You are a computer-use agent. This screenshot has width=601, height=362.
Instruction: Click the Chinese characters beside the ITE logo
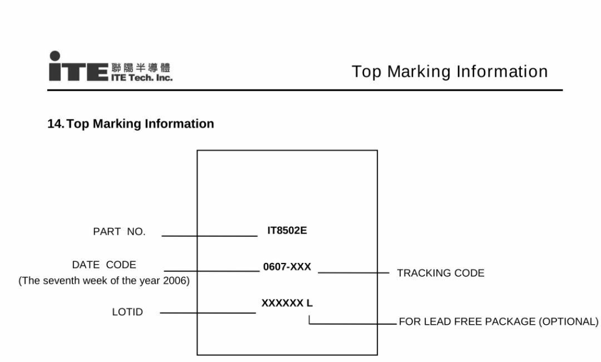coord(141,68)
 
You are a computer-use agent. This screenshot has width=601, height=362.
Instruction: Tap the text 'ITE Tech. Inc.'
coord(142,77)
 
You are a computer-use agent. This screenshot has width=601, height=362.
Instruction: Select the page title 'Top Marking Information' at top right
coord(450,72)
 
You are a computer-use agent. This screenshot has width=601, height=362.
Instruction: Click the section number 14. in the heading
coord(56,124)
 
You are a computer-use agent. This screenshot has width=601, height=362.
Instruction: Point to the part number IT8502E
coord(287,230)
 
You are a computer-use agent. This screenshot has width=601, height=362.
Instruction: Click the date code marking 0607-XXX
coord(287,266)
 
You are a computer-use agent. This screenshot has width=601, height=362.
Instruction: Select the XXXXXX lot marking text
coord(283,303)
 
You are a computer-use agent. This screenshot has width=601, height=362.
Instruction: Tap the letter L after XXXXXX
coord(309,303)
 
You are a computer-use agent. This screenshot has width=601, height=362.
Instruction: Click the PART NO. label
coord(119,232)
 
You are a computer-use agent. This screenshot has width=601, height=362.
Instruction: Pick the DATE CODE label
coord(104,265)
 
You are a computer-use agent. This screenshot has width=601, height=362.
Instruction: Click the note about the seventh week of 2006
coord(104,281)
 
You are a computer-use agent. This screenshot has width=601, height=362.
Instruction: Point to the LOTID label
coord(127,312)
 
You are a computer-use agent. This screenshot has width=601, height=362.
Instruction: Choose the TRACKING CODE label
coord(441,273)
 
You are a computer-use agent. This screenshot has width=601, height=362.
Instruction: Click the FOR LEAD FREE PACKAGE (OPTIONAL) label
coord(498,321)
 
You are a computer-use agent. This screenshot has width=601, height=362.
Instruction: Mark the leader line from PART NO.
coord(210,236)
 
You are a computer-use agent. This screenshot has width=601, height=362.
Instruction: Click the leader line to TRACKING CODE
coord(353,272)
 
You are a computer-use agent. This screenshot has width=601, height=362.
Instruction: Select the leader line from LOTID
coord(208,313)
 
